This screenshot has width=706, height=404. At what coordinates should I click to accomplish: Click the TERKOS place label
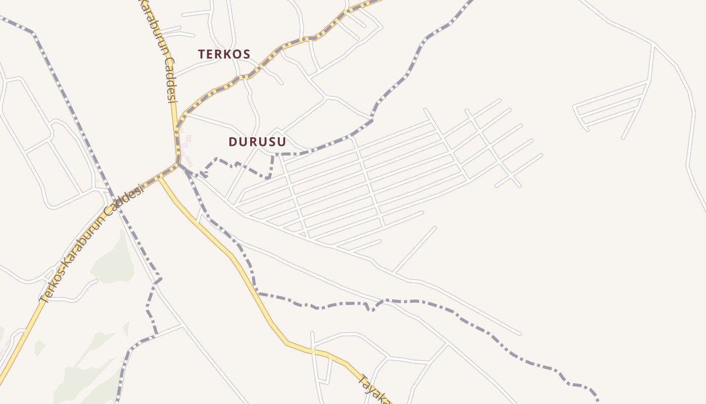point(224,54)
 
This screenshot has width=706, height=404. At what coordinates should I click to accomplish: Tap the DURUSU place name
point(257,142)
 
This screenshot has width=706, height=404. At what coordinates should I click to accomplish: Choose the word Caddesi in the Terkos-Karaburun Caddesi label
point(127,199)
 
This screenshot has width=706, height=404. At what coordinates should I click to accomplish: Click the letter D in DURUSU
point(232,142)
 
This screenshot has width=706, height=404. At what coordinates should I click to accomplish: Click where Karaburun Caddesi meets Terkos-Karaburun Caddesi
point(178,163)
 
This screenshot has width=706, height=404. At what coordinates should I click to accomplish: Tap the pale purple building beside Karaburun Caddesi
point(185,145)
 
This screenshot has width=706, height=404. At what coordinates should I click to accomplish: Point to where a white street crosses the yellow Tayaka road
point(313,349)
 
